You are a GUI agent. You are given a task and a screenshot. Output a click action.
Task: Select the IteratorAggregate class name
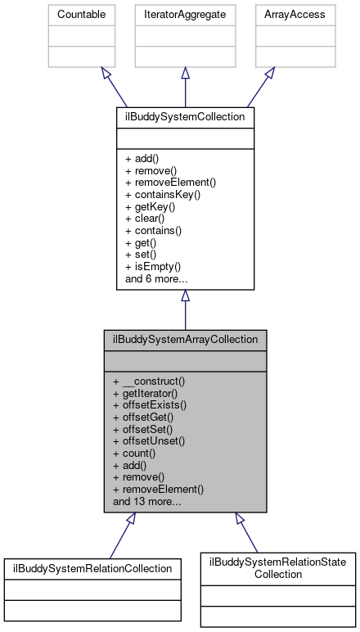(185, 15)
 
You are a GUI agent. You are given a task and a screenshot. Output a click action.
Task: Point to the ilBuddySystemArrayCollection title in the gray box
(185, 338)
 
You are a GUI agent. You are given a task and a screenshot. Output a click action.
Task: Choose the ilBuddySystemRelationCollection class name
(92, 567)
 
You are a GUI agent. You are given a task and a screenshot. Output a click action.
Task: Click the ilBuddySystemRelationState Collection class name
(279, 567)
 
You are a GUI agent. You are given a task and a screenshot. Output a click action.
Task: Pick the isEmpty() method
(153, 267)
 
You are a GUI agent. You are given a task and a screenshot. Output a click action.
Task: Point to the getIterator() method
(148, 392)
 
